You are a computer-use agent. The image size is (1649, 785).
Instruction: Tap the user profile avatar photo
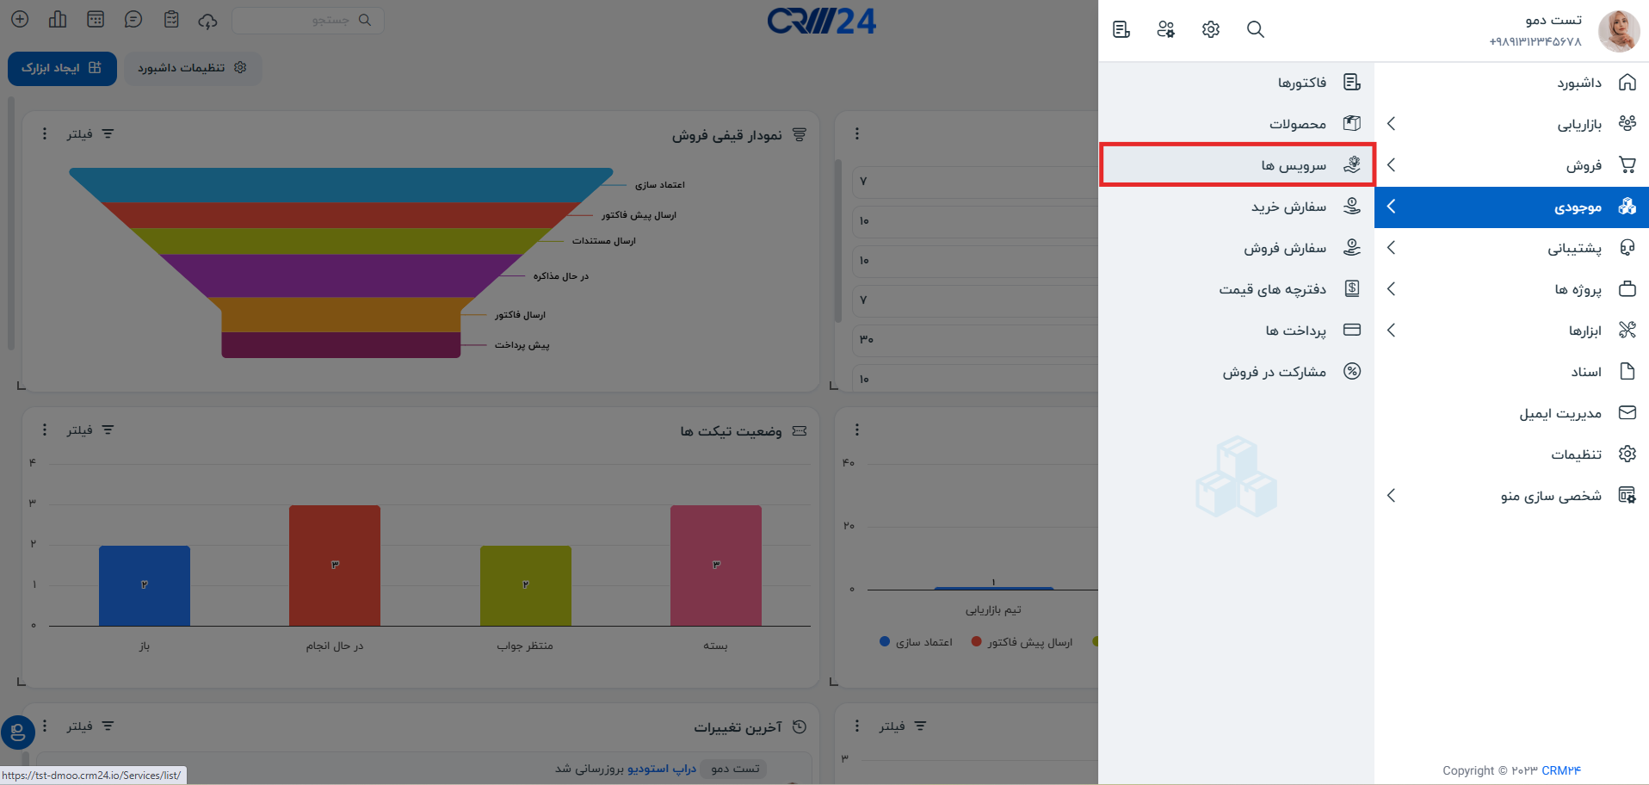[x=1619, y=31]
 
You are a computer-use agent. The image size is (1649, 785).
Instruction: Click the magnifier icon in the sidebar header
[x=1256, y=29]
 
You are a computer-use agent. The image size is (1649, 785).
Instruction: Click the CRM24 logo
[x=821, y=21]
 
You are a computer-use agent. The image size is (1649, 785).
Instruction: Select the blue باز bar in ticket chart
[x=145, y=585]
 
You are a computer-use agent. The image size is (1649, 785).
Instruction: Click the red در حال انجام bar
[x=335, y=566]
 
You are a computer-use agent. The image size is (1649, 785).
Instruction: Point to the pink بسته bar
[x=716, y=566]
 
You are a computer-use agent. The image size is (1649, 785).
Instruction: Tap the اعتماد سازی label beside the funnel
[x=660, y=185]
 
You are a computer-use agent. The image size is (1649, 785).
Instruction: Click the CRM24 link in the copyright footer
[x=1561, y=770]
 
